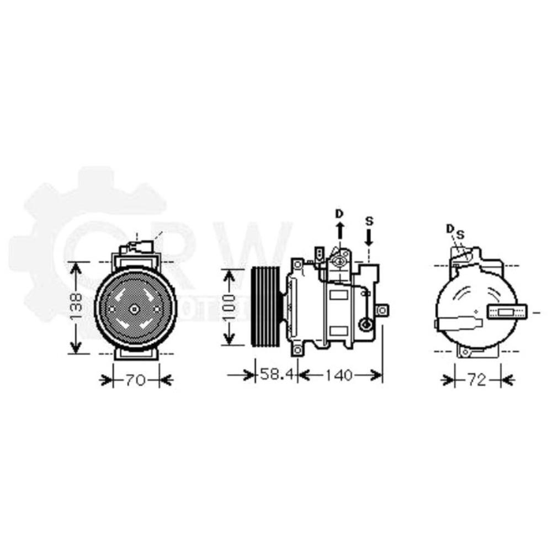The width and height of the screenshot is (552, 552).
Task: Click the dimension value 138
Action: (x=77, y=308)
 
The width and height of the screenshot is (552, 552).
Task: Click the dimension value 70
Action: (x=135, y=380)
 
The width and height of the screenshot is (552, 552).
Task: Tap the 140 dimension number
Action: (x=338, y=375)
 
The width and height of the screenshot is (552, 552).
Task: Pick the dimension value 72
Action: (x=478, y=380)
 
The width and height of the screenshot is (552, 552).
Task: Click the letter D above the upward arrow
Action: (x=340, y=213)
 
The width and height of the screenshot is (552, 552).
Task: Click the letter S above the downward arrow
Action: (x=369, y=221)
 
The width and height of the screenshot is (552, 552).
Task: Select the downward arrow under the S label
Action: (x=369, y=237)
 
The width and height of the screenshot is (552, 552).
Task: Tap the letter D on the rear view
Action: (x=450, y=229)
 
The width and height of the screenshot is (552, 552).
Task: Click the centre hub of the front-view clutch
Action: (x=134, y=310)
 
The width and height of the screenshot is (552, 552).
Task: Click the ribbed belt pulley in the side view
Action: (x=266, y=308)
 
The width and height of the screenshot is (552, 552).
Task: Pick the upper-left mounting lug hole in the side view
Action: (x=298, y=264)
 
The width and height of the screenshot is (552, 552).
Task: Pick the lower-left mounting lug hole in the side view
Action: (x=298, y=350)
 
